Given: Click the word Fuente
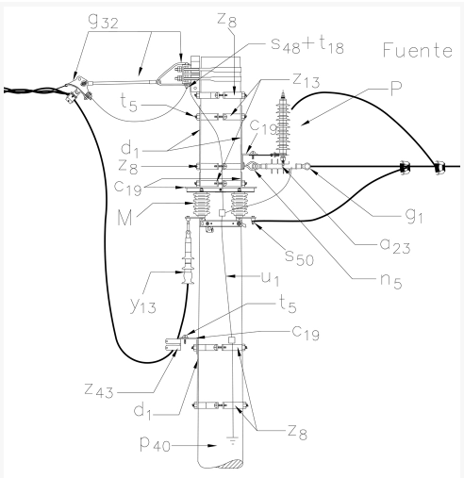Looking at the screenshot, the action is (x=418, y=50).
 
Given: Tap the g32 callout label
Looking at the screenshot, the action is (x=104, y=21).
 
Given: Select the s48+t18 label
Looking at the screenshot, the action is (x=307, y=45).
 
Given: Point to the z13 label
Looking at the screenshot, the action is (x=306, y=80).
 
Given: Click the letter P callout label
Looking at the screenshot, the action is (x=396, y=88).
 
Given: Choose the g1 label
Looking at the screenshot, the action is (x=414, y=216).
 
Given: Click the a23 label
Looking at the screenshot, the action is (x=395, y=245).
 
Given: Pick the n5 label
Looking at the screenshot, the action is (x=390, y=281).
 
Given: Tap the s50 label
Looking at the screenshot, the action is (x=299, y=256).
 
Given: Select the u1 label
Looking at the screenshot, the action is (x=270, y=278).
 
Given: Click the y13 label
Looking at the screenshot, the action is (x=143, y=305).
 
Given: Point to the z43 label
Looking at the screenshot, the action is (x=99, y=391).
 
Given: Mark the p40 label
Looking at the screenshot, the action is (x=155, y=445).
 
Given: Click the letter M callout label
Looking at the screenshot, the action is (x=124, y=218).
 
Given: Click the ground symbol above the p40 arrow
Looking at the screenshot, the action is (x=232, y=440).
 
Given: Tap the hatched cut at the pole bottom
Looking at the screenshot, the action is (x=233, y=464).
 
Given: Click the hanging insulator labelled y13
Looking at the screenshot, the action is (x=188, y=256).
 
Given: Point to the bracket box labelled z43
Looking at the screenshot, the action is (x=173, y=344).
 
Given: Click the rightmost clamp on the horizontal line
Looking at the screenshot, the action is (x=439, y=167).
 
